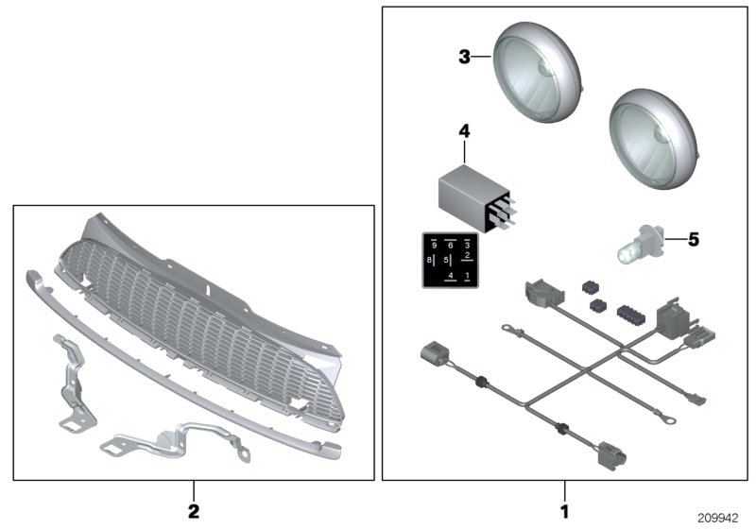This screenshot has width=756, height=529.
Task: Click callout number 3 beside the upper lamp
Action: pos(464,58)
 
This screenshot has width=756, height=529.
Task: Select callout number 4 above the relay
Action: pos(463,131)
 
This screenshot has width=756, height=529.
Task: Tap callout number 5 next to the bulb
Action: pos(693,240)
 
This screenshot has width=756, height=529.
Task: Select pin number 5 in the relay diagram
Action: pos(444,259)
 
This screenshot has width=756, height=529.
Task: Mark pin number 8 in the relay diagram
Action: pos(429,259)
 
